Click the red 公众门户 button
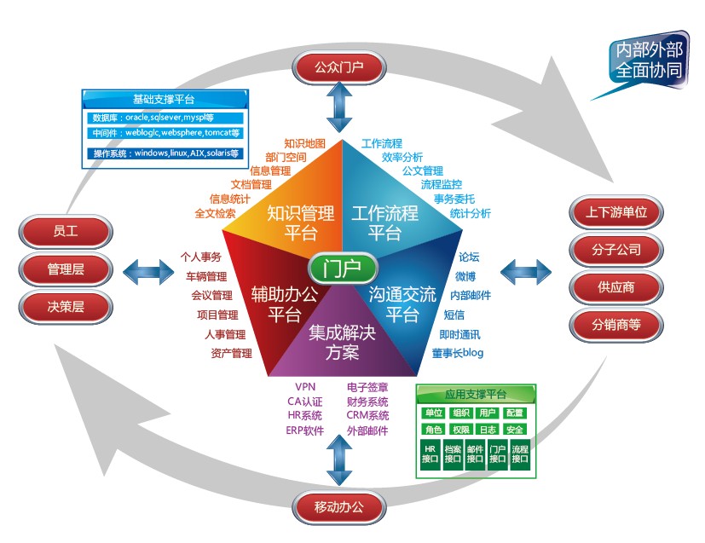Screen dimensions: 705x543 point(339,67)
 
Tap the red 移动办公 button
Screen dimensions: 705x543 point(339,507)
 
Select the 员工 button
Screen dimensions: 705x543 point(66,232)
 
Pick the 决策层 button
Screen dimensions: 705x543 point(66,307)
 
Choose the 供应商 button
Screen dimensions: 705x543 point(616,287)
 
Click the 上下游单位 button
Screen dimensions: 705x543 point(616,211)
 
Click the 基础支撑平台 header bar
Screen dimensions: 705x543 point(165,99)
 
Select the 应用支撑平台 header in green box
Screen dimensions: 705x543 point(476,394)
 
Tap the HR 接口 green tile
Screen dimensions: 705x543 point(430,454)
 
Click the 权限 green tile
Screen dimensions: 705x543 point(461,430)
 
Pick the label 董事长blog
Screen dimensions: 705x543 point(458,353)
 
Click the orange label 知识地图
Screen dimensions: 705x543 point(305,143)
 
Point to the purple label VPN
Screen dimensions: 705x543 point(305,387)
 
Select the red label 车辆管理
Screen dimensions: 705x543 point(206,276)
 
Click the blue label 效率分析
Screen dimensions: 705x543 point(402,157)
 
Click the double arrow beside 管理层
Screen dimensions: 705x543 point(148,272)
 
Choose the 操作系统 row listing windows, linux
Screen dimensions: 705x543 point(165,153)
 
